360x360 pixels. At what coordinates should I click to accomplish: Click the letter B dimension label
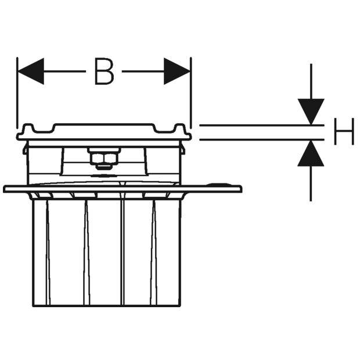point(105,71)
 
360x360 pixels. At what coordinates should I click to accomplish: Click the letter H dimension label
point(344,131)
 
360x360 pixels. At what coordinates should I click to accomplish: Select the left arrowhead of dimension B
point(31,71)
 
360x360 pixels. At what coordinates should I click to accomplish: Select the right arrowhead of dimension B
point(177,71)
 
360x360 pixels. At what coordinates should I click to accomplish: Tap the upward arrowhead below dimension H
point(311,153)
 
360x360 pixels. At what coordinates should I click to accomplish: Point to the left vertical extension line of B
point(17,93)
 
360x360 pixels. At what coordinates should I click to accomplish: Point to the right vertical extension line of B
point(191,93)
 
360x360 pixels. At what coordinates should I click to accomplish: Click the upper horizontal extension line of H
point(262,125)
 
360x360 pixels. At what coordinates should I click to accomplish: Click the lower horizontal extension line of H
point(262,139)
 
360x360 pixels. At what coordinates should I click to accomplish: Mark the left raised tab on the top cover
point(28,128)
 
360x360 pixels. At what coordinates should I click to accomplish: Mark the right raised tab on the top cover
point(179,128)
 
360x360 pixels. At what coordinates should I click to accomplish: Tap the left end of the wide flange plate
point(4,189)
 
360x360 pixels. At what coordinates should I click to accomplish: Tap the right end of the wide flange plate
point(241,189)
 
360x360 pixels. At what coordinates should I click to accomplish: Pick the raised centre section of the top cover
point(104,126)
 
